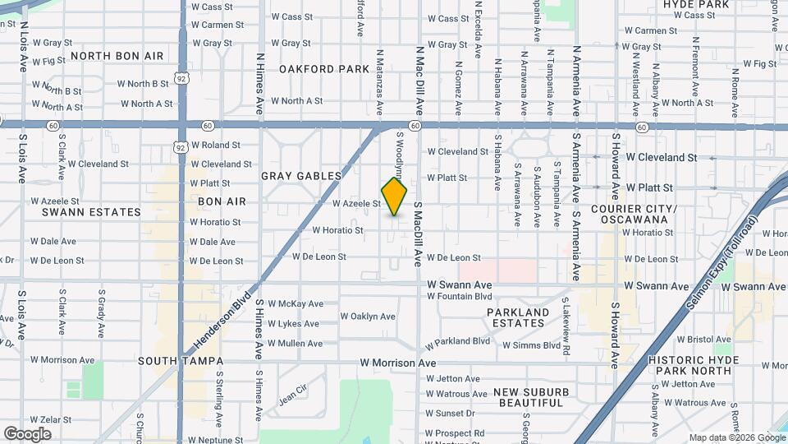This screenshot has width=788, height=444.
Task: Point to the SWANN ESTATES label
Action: pyautogui.click(x=92, y=212)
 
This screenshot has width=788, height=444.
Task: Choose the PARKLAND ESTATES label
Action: pyautogui.click(x=518, y=317)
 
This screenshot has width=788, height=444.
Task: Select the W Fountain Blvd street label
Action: pyautogui.click(x=459, y=296)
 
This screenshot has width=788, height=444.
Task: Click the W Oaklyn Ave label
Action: pyautogui.click(x=367, y=317)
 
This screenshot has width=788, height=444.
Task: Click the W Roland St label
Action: pyautogui.click(x=215, y=145)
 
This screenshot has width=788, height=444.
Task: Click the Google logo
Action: pyautogui.click(x=27, y=434)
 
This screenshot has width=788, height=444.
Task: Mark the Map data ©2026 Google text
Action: pyautogui.click(x=735, y=437)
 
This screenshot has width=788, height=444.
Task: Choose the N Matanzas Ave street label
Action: pyautogui.click(x=379, y=79)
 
